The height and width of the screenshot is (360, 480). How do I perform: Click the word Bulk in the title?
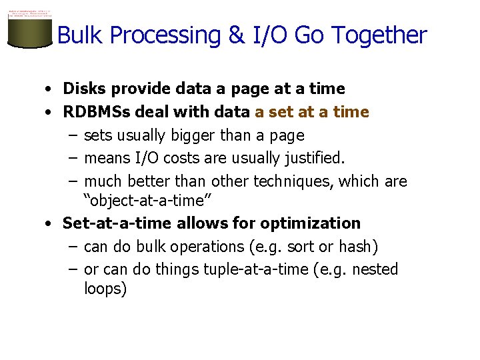click(x=82, y=35)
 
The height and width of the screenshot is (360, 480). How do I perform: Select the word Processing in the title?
click(x=166, y=35)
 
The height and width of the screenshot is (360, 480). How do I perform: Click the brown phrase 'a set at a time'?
click(x=311, y=112)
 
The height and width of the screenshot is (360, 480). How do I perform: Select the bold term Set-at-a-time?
click(x=117, y=223)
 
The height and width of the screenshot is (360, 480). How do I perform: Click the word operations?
click(x=207, y=247)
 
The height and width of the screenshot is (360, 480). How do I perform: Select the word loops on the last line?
click(x=105, y=289)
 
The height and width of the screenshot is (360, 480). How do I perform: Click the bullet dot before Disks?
click(x=50, y=89)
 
